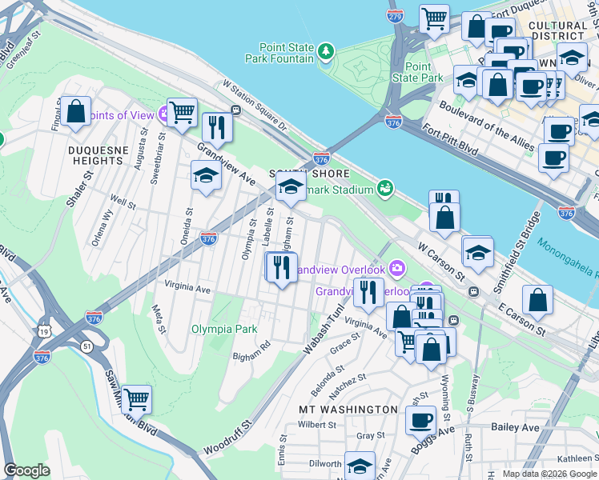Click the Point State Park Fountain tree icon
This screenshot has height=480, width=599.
[x=326, y=53]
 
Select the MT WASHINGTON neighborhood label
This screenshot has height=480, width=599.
[x=348, y=410]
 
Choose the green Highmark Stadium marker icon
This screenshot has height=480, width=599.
[x=386, y=190]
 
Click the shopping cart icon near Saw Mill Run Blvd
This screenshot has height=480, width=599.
[x=137, y=398]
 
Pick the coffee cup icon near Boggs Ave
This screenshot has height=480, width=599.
[x=420, y=420]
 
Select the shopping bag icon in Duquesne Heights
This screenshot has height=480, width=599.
[x=77, y=113]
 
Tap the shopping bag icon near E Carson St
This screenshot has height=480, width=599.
[x=538, y=300]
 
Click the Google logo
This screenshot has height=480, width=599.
[x=26, y=470]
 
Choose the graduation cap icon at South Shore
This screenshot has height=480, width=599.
[x=290, y=188]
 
